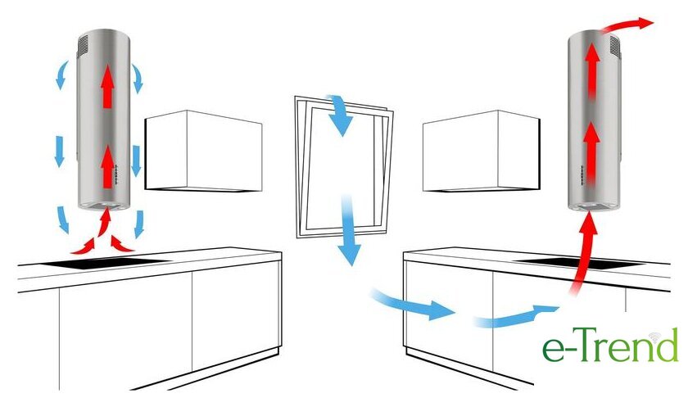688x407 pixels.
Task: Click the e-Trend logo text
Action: coord(610,346)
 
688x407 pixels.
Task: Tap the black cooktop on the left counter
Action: coord(106,262)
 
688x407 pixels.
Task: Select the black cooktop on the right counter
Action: coord(583,264)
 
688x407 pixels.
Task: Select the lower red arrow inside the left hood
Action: coord(107,167)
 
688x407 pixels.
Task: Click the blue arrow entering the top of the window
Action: coord(339,115)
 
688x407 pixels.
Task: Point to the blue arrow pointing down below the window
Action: coord(349,230)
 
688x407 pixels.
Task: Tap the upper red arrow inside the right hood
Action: coord(592,70)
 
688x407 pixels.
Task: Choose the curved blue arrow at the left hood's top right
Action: coord(138,78)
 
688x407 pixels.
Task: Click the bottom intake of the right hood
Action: coord(592,206)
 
